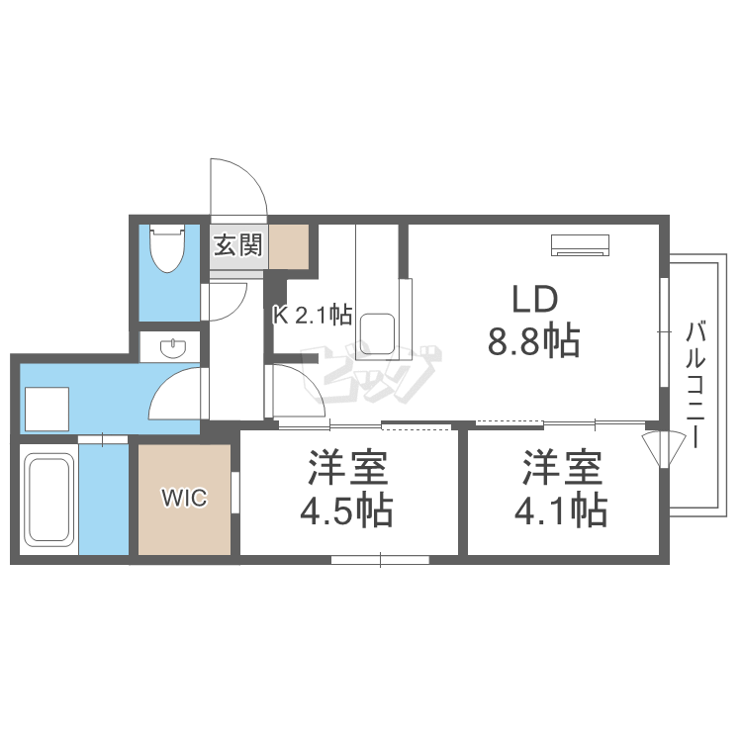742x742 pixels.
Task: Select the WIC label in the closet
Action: (x=185, y=499)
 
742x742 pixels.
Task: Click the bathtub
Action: (x=47, y=505)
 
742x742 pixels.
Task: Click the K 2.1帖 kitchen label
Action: (x=313, y=316)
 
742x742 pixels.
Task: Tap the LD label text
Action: (x=535, y=300)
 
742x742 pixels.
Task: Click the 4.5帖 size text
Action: (x=347, y=510)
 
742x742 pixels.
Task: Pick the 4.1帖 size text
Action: (x=561, y=510)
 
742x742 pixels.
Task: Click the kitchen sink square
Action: (x=377, y=331)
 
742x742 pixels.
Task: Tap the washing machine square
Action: (x=46, y=408)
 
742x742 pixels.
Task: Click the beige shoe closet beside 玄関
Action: (x=289, y=247)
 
